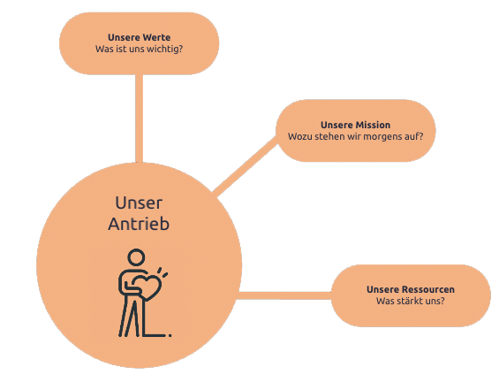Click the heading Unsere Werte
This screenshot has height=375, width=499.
point(139,37)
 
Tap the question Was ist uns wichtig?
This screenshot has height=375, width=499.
point(139,49)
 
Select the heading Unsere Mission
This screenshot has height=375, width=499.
point(355,125)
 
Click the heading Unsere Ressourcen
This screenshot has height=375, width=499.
point(411,289)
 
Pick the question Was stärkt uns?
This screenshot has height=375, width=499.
point(411,301)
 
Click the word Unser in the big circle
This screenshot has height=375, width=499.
point(139,203)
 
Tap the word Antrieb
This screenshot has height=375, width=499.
point(139,224)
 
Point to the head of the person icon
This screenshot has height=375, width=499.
point(136,257)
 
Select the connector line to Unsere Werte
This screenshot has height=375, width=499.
point(139,119)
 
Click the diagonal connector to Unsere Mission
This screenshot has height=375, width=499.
point(245,166)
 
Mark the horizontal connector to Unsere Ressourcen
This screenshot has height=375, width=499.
point(284,295)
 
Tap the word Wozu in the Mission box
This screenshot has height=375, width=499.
point(299,136)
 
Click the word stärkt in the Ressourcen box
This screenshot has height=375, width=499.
point(411,301)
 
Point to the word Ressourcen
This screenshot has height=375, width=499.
point(428,289)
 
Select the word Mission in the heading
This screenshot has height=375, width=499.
point(373,125)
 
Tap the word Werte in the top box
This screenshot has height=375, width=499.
point(156,37)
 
